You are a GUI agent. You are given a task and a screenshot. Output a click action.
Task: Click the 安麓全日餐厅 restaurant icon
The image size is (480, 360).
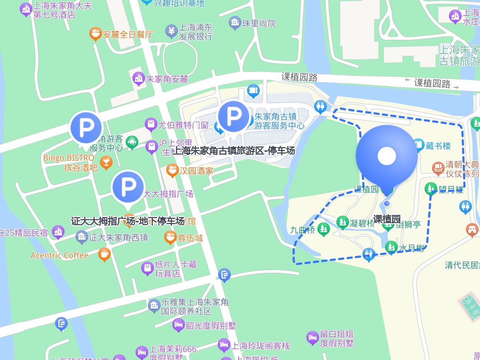tap(95, 34)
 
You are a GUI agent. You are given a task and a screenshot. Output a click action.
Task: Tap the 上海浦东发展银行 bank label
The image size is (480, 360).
tap(196, 32)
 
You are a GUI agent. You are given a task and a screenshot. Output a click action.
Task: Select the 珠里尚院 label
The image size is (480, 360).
tap(259, 24)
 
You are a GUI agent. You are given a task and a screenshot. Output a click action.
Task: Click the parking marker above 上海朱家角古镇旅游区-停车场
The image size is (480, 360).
tap(233, 117)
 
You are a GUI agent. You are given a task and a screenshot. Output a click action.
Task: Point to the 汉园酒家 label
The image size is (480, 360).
tap(196, 171)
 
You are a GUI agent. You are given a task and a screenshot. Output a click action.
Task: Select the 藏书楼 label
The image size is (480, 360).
tap(438, 146)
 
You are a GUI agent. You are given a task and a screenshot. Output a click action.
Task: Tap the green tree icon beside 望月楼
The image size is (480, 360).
tap(431, 189)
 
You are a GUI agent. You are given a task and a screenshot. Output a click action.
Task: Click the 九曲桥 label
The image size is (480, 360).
tap(302, 230)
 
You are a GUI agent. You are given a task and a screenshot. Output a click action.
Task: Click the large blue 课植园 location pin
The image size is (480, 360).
tap(387, 157)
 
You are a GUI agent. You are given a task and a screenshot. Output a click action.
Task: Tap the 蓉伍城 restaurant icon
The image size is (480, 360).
tap(170, 237)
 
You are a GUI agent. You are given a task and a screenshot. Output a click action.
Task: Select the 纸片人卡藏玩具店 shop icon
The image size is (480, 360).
tap(147, 268)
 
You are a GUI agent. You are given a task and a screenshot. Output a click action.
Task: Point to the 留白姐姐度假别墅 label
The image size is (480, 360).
tap(337, 338)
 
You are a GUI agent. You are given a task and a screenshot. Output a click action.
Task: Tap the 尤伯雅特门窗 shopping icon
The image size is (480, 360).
tap(151, 124)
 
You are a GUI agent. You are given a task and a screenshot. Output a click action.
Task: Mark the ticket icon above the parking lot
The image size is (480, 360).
tap(253, 91)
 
